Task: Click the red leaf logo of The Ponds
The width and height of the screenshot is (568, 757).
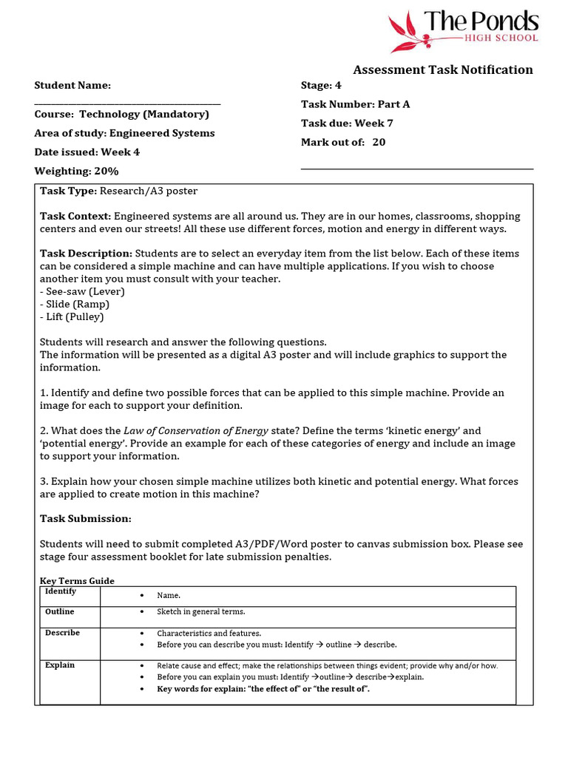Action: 408,32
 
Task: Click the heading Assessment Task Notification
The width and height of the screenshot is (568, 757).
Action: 442,70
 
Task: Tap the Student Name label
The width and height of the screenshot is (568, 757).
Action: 72,86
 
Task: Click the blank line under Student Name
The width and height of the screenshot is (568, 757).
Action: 127,103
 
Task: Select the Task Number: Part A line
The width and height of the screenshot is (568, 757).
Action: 355,104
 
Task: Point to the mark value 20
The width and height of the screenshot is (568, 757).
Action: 379,143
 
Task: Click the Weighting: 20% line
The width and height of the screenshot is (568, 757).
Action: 76,172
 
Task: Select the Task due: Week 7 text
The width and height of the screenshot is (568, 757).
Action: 342,123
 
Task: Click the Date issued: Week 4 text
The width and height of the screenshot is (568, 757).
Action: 87,152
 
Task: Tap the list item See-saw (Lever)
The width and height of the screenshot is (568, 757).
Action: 82,292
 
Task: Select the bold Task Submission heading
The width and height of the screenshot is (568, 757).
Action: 85,519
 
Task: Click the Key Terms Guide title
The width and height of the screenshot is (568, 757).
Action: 77,581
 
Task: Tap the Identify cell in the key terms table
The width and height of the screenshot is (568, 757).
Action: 61,592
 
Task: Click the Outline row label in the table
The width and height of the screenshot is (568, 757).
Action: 60,612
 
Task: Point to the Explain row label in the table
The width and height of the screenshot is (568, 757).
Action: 60,665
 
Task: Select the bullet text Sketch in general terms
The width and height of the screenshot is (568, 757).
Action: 200,612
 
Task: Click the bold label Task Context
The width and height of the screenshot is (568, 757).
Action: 75,217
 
